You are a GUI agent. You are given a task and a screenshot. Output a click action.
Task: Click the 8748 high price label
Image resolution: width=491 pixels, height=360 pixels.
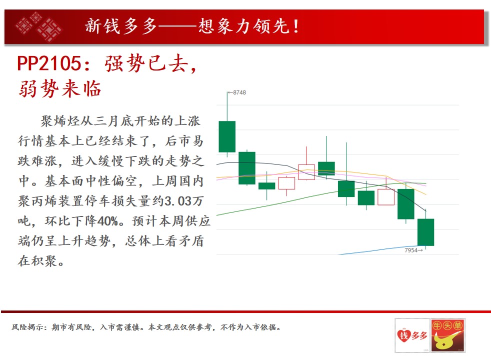point(239,92)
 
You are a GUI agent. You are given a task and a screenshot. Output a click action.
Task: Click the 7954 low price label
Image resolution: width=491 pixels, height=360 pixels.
point(411,250)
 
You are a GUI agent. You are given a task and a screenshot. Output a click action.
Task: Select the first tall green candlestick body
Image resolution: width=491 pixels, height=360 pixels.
point(227,136)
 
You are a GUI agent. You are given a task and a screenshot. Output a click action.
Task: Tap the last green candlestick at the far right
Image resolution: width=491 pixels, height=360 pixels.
point(426,232)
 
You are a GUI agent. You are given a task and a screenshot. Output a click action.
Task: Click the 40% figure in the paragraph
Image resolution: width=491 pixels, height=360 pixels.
point(107,221)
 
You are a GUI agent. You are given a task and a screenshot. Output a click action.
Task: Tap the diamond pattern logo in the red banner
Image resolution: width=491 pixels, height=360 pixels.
point(39,26)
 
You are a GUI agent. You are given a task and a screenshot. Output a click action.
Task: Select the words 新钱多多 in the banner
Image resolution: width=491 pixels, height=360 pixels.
point(121,26)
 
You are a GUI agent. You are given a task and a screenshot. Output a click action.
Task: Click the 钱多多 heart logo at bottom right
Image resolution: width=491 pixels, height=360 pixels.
point(412,335)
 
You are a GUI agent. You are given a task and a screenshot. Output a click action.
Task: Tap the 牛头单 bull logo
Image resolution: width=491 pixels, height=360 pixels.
point(448,335)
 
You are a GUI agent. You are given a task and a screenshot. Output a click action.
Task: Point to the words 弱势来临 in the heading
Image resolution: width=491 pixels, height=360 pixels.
point(60,88)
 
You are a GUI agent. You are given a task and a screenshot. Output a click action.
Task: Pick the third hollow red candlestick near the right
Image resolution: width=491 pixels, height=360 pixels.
point(386,197)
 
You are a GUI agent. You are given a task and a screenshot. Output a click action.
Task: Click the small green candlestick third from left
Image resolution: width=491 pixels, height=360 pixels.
point(267,186)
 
